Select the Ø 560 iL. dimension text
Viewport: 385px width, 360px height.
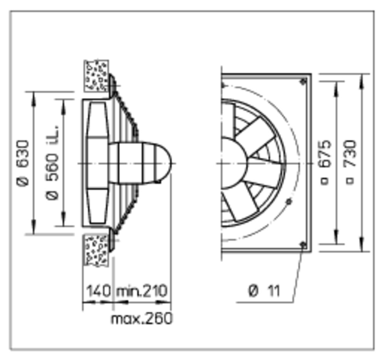point(52,163)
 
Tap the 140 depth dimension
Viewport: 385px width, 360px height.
point(98,291)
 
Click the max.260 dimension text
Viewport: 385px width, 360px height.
point(142,319)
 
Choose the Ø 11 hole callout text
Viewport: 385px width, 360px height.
point(264,291)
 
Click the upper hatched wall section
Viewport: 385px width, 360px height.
point(96,76)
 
